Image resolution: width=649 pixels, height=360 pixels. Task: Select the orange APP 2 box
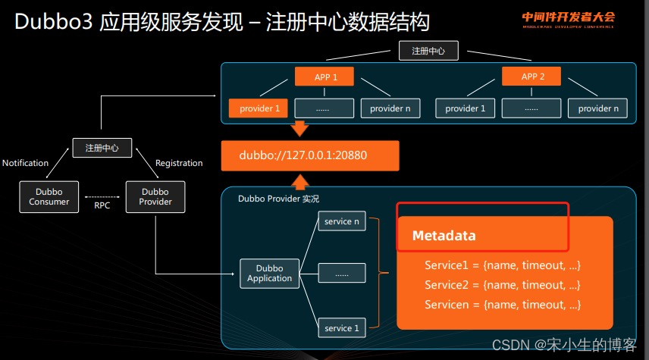(534, 77)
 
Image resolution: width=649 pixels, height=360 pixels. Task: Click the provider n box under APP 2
(598, 108)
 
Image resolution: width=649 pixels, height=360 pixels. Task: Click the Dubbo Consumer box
(49, 196)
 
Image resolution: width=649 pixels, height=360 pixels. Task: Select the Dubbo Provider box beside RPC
(155, 196)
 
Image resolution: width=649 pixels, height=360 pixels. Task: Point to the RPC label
(102, 205)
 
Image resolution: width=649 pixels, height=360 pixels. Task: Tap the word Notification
(25, 163)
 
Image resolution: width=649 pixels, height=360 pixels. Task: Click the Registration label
(179, 163)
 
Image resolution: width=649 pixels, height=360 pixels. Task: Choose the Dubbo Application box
(269, 273)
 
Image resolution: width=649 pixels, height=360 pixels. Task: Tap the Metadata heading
(444, 236)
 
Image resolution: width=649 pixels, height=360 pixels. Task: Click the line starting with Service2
(502, 285)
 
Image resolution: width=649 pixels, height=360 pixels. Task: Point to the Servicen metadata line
(502, 305)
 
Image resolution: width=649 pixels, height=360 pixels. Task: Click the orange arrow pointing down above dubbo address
(300, 130)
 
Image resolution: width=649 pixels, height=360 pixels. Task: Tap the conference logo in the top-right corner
(567, 20)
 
